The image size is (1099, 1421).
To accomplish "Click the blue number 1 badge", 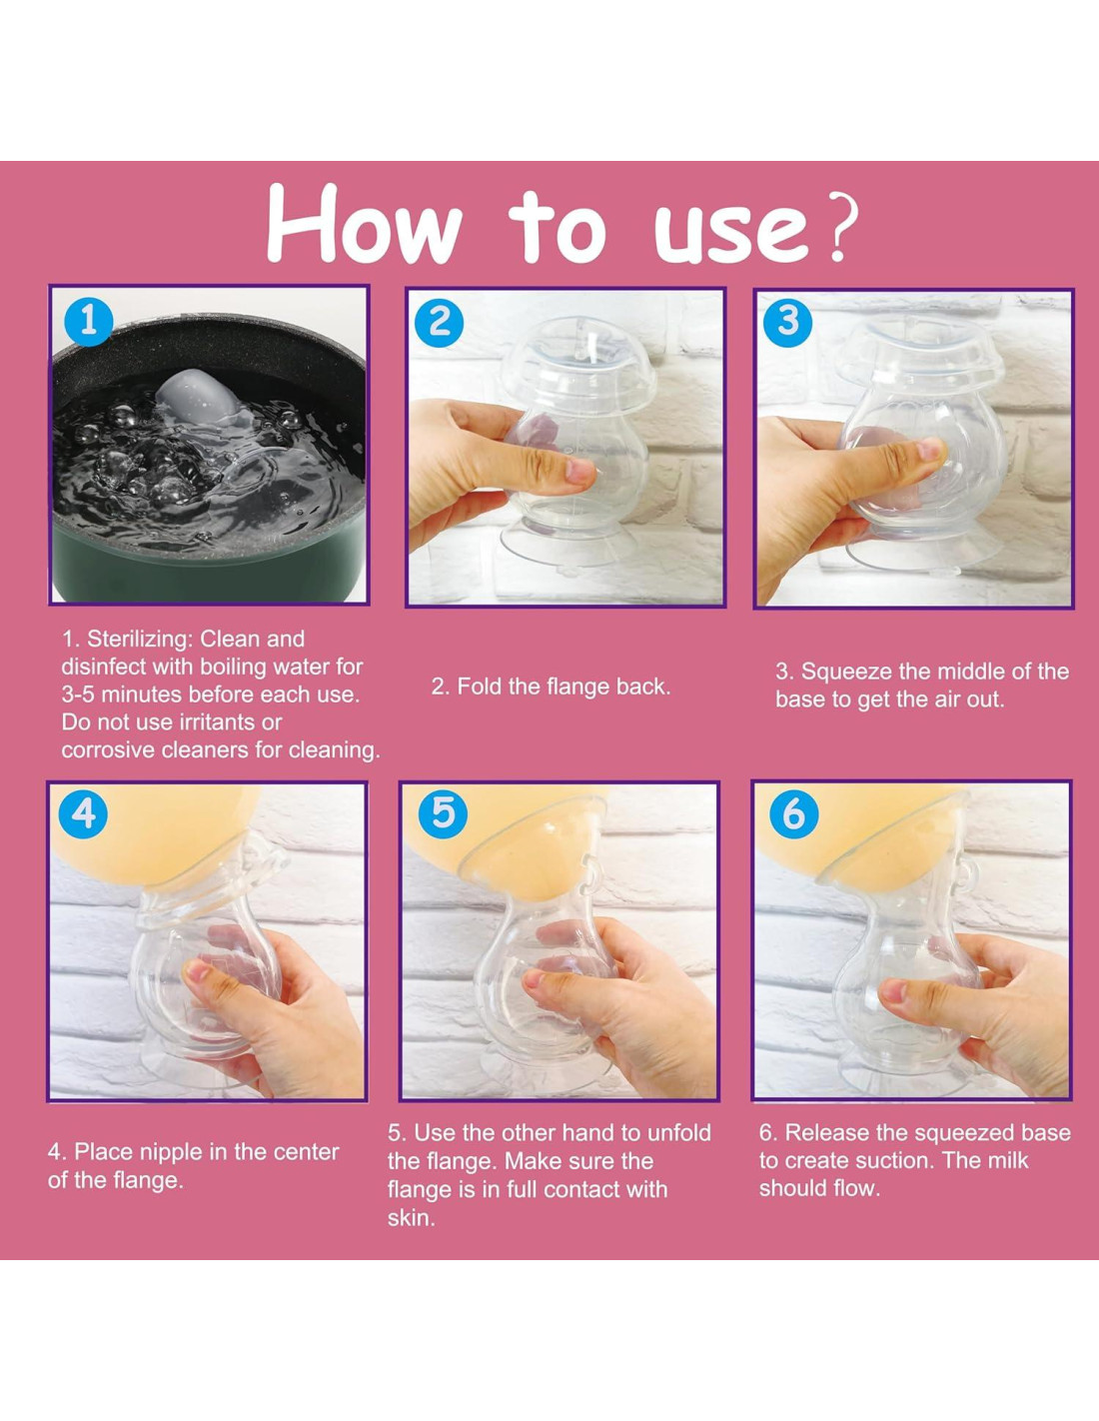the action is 89,323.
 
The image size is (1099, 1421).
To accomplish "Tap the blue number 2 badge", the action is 440,323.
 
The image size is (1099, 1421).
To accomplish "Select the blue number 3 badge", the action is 788,321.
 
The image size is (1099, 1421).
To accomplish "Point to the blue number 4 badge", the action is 84,814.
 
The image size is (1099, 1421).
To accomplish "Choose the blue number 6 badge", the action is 793,814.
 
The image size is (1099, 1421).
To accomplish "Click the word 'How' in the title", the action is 364,224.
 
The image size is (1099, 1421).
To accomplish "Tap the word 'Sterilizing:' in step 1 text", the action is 140,639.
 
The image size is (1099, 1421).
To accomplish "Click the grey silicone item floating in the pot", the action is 196,395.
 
